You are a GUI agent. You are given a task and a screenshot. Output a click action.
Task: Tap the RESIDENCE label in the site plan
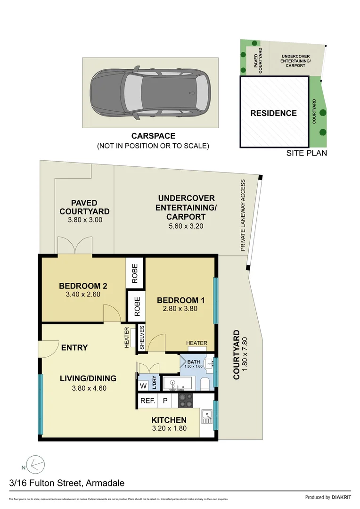273,113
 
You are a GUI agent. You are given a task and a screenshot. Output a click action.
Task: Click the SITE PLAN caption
307,153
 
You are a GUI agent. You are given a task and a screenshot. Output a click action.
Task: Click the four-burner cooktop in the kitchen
184,401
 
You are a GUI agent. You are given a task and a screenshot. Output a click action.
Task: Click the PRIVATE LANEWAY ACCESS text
243,215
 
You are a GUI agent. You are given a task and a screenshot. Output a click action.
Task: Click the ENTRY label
74,348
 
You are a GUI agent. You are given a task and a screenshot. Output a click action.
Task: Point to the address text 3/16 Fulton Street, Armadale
67,483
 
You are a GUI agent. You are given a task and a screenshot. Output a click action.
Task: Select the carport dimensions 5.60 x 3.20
186,226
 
